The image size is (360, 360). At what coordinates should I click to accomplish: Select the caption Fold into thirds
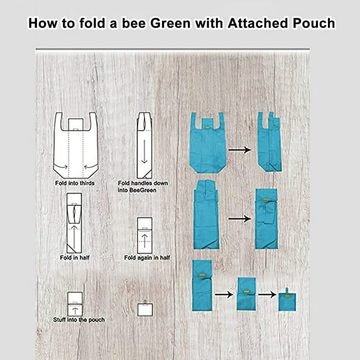point(75,183)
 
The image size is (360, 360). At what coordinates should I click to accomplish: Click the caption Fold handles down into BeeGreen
point(143,187)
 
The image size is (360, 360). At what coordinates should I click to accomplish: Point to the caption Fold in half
point(75,258)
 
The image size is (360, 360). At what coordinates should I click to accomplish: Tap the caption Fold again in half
point(147,258)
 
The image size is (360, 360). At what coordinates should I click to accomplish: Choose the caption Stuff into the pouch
point(79,320)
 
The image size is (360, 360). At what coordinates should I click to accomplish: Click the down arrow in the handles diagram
point(144,151)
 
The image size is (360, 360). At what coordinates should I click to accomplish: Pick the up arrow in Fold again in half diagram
point(145,241)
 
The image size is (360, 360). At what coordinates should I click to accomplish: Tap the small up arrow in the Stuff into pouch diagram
point(75,311)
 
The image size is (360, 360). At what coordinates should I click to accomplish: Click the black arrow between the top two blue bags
point(239,150)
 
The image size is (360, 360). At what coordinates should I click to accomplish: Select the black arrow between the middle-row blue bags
point(240,219)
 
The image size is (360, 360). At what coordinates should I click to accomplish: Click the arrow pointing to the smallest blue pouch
point(267,294)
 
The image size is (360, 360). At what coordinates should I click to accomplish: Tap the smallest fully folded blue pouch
point(287,300)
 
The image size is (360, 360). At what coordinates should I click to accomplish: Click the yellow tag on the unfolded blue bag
point(207,127)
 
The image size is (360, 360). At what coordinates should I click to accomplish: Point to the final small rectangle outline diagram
point(145,309)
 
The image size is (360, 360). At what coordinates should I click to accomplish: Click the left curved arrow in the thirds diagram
point(62,166)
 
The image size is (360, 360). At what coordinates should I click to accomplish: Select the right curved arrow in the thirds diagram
point(90,166)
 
